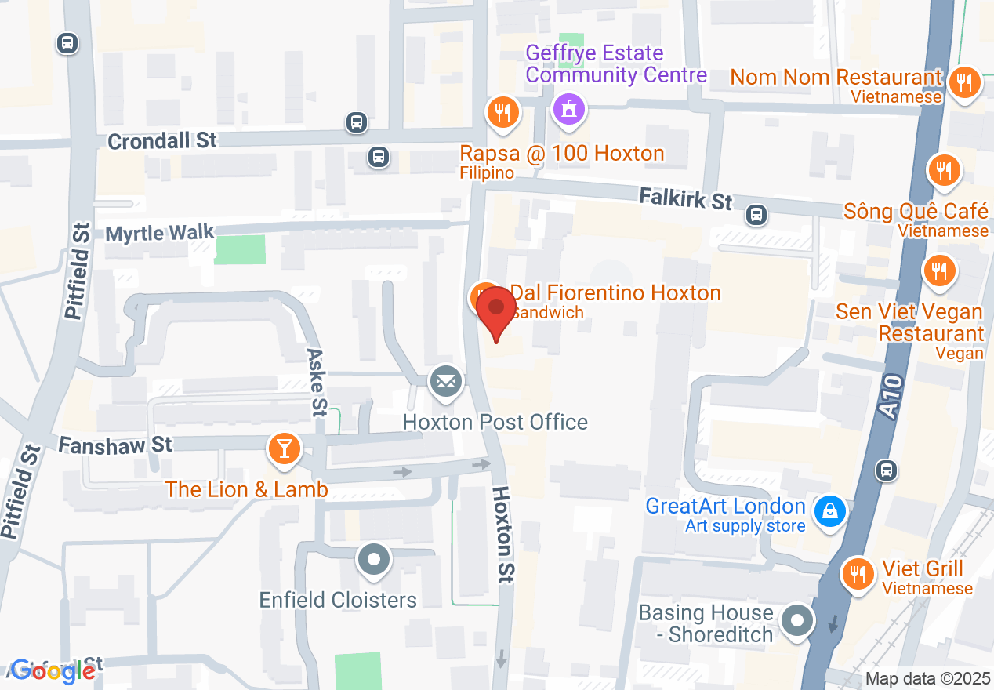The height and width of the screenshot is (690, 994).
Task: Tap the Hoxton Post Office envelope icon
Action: (445, 382)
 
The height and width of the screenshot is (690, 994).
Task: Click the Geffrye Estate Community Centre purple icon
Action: (570, 108)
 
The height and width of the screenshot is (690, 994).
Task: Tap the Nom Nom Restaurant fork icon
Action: (964, 82)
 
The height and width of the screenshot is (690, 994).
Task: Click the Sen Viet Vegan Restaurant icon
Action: (938, 271)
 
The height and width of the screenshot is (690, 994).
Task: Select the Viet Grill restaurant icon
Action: (858, 575)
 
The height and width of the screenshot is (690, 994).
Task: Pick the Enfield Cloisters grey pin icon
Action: (373, 560)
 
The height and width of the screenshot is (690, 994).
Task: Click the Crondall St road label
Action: (162, 141)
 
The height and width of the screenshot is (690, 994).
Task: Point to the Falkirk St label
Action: (685, 198)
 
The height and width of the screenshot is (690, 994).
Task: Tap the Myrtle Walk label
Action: (160, 233)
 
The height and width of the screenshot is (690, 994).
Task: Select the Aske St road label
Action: (317, 382)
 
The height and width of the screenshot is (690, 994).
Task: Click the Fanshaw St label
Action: (115, 445)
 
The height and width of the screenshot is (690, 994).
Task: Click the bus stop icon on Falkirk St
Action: (756, 214)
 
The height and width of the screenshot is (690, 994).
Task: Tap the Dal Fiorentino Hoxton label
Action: (615, 293)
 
